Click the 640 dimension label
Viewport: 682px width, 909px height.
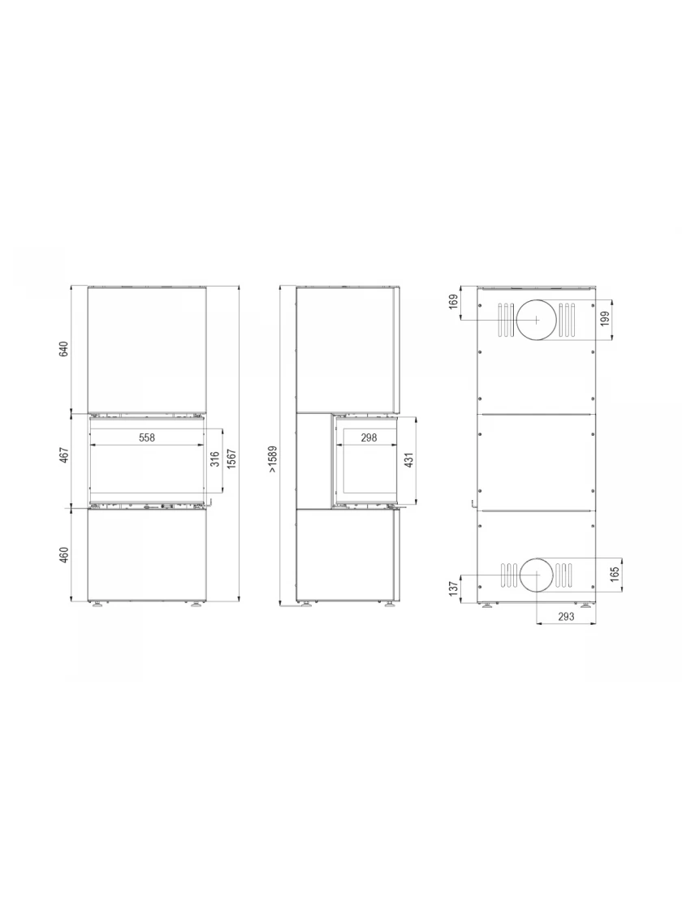coord(64,350)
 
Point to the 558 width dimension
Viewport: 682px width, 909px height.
coord(147,437)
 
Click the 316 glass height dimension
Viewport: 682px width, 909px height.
coord(215,459)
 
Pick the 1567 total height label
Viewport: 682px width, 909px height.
coord(231,459)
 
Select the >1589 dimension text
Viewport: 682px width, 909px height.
coord(273,459)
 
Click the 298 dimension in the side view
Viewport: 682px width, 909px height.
coord(369,437)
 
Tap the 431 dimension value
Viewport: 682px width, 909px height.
coord(409,459)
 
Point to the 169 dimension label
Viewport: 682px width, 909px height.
coord(454,301)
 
